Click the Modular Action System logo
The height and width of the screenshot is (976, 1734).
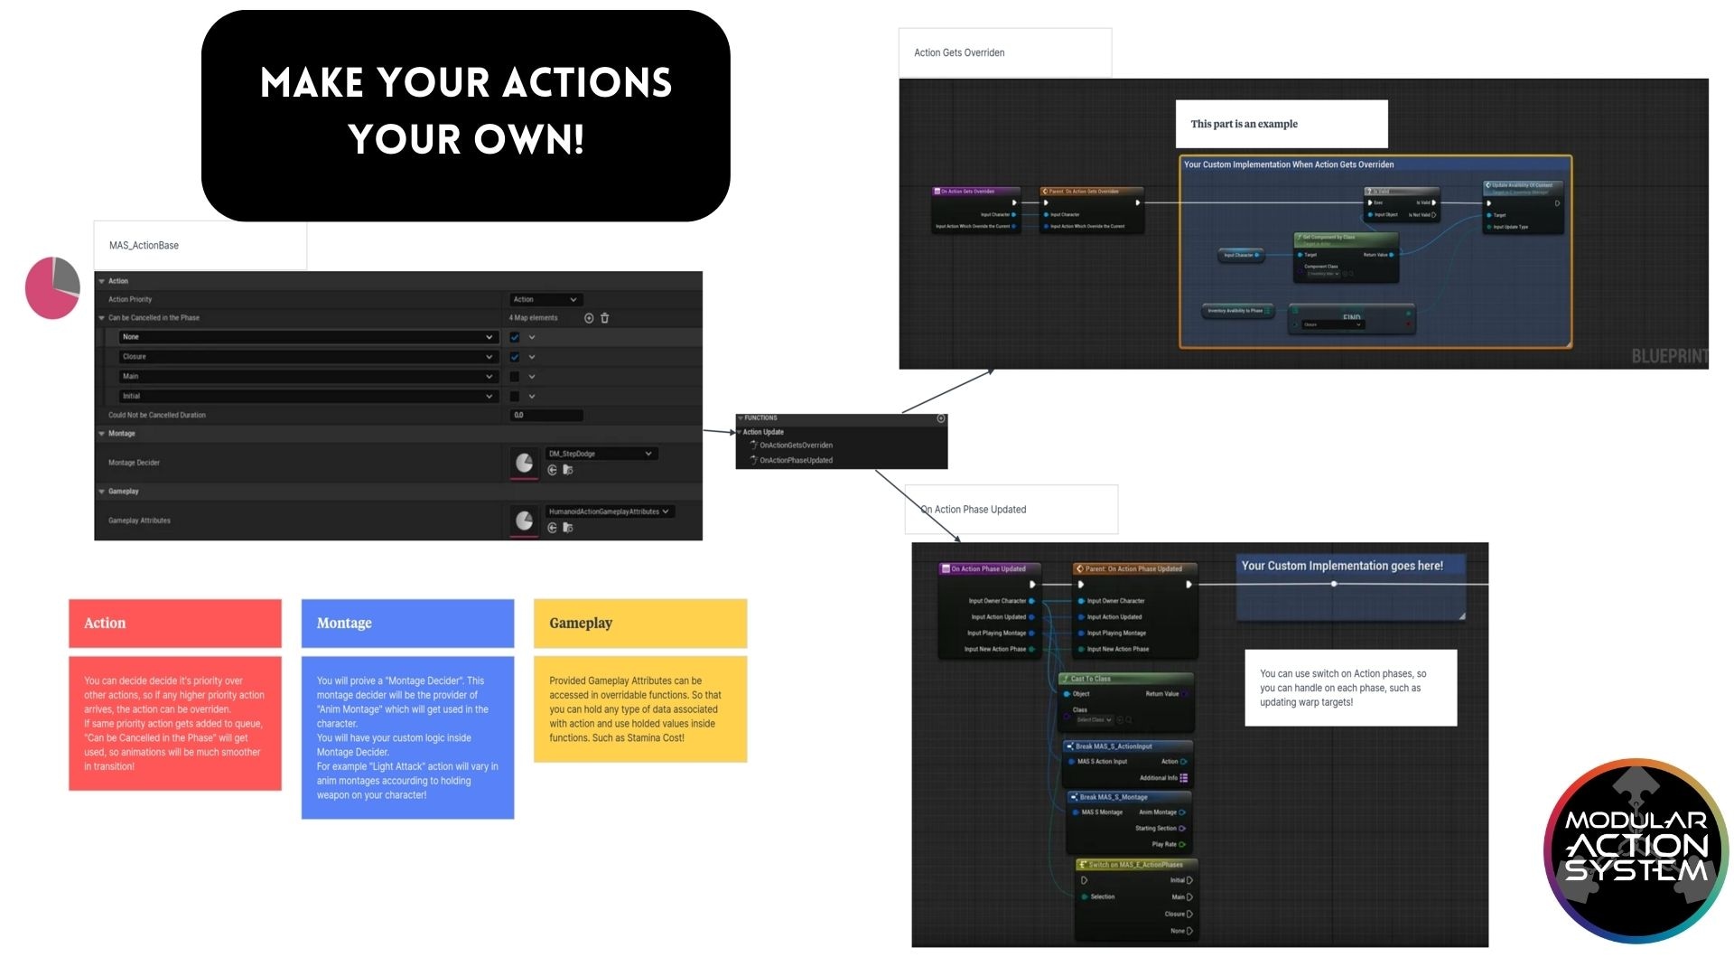click(1636, 850)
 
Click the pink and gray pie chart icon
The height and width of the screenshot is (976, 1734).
click(52, 287)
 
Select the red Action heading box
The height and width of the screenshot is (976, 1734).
click(175, 623)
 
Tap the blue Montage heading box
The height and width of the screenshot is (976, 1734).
click(407, 623)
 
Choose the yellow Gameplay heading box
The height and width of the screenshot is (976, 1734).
click(639, 623)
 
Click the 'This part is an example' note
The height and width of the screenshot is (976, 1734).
click(1281, 124)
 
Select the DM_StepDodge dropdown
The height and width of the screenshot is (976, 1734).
click(601, 454)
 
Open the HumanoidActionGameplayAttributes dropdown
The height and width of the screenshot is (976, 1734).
click(610, 511)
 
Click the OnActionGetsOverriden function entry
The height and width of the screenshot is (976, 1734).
click(796, 446)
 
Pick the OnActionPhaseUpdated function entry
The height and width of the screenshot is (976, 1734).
click(796, 461)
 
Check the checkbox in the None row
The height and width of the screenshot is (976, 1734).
click(515, 337)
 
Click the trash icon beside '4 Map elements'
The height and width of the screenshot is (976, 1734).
click(605, 318)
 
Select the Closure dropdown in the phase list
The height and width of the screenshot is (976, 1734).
click(308, 357)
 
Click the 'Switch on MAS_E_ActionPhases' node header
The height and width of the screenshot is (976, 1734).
click(1136, 865)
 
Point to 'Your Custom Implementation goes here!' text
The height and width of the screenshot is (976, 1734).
click(1342, 566)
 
